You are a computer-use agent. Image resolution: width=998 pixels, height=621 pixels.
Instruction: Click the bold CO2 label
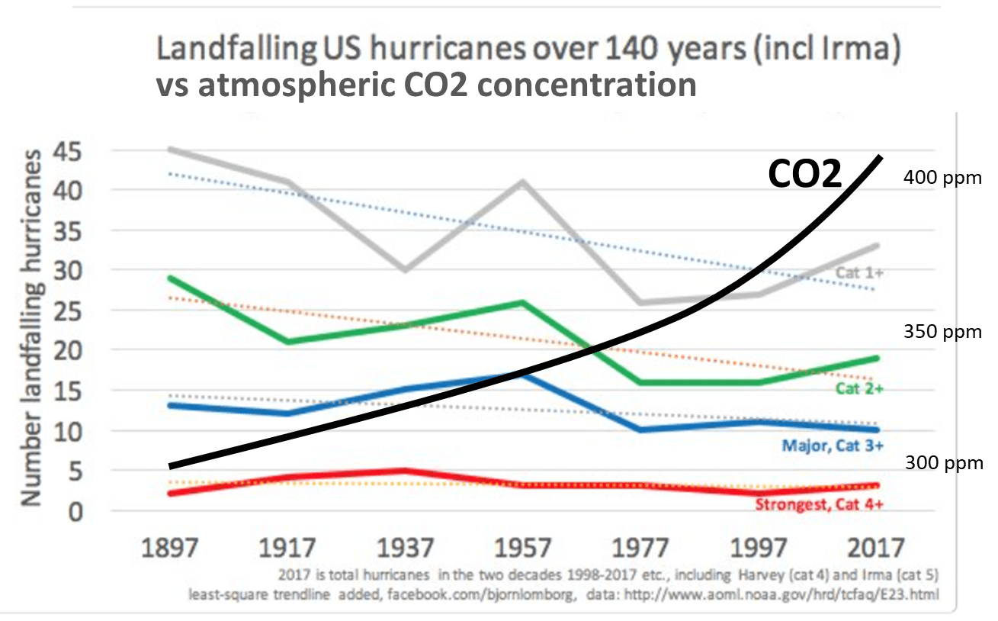(x=804, y=174)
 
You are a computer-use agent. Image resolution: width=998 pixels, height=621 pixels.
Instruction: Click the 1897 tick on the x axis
(x=170, y=548)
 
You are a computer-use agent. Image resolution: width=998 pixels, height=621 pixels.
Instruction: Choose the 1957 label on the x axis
(x=524, y=548)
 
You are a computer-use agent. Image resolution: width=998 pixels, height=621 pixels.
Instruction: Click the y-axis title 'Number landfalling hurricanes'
(x=30, y=328)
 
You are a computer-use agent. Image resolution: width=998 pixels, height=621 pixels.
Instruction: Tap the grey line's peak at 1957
(x=522, y=182)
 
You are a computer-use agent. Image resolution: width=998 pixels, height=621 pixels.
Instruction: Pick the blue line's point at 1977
(x=640, y=430)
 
